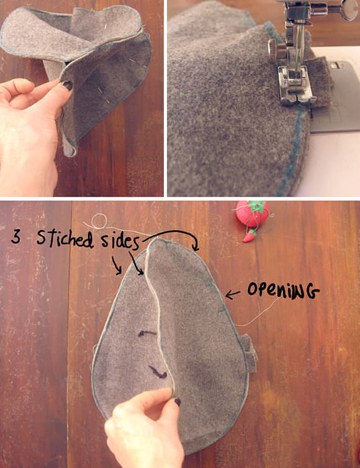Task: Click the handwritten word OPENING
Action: [x=283, y=290]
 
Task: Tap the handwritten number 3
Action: [x=16, y=236]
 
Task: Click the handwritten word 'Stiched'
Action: [x=65, y=238]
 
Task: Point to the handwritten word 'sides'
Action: [x=120, y=241]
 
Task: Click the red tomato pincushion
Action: [x=253, y=214]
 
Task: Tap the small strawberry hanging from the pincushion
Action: [x=248, y=236]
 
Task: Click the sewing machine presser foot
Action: [x=295, y=86]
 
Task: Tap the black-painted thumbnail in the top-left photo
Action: [x=68, y=86]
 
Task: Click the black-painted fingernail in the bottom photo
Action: [x=178, y=402]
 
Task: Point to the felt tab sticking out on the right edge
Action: [x=250, y=353]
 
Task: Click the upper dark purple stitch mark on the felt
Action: [x=146, y=333]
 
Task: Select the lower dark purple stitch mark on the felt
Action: [x=158, y=372]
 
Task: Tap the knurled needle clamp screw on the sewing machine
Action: [x=274, y=48]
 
